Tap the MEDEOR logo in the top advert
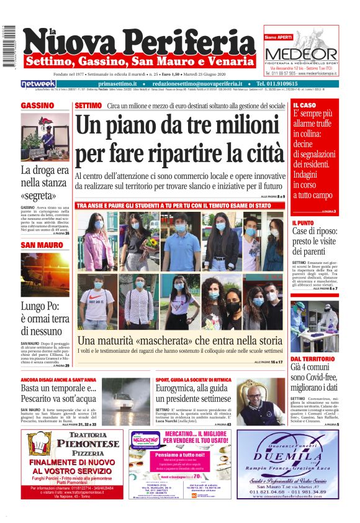point(301,54)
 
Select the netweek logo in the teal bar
point(39,83)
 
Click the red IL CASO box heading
point(304,106)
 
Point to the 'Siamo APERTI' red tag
point(279,37)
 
